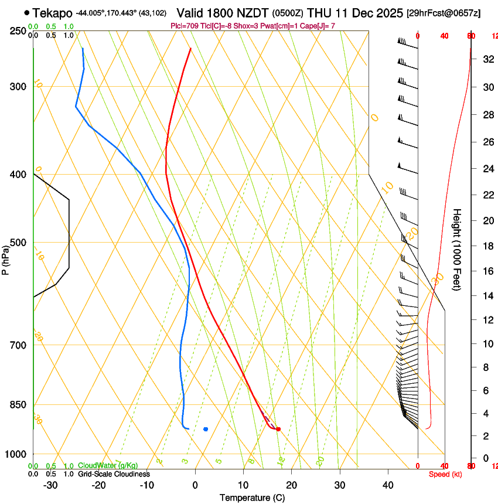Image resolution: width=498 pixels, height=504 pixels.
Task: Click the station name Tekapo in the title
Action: [x=53, y=12]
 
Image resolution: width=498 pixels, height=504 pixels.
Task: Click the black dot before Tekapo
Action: [x=27, y=12]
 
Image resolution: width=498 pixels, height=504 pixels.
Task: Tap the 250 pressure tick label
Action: [x=18, y=30]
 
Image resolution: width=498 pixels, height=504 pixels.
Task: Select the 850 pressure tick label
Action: [x=18, y=405]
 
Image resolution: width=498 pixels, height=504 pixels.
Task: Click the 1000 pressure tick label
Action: [x=15, y=454]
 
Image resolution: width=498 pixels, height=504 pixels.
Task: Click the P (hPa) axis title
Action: [x=5, y=258]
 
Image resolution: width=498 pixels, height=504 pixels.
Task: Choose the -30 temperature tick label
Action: [x=50, y=485]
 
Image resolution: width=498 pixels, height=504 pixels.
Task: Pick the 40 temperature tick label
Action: [x=387, y=485]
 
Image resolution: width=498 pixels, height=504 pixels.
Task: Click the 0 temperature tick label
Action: [x=195, y=485]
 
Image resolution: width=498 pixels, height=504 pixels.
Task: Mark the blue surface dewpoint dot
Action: [x=206, y=429]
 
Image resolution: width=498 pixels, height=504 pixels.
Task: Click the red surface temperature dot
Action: [x=278, y=429]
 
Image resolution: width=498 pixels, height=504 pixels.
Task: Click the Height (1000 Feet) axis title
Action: [x=457, y=250]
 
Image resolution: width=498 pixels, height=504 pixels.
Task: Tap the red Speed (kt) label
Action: [x=444, y=474]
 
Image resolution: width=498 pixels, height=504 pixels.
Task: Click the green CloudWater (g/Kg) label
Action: [x=108, y=466]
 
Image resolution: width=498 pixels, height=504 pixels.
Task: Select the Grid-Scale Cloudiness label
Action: [x=114, y=474]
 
